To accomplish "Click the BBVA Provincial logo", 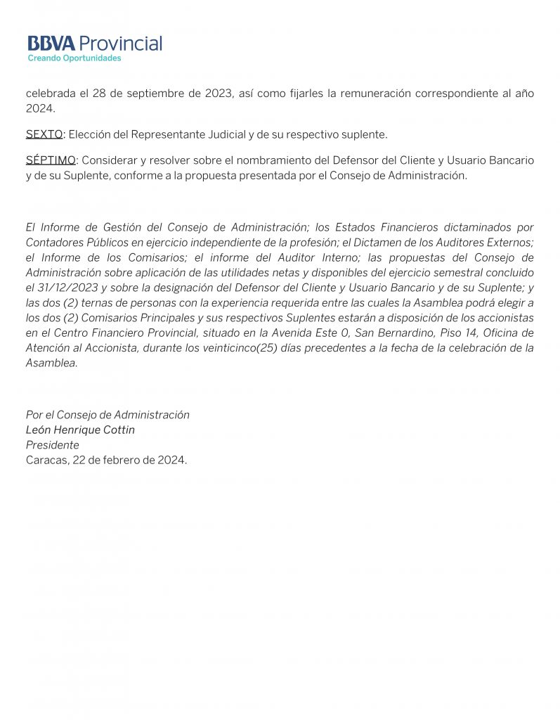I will (94, 44).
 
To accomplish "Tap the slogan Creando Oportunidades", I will (74, 58).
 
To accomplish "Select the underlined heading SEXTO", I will (44, 134).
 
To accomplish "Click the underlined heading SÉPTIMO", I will (51, 160).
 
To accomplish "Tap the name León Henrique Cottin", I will (80, 430).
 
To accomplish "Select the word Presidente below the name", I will (53, 445).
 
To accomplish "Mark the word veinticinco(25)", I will (234, 348).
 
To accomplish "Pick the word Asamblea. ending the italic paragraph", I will (52, 363).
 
